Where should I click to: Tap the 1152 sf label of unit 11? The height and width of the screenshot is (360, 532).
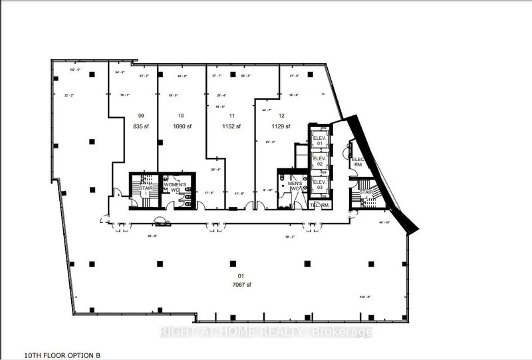point(229,126)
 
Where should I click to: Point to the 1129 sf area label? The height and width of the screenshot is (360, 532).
point(279,126)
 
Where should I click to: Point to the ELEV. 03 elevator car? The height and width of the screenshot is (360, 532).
point(320,185)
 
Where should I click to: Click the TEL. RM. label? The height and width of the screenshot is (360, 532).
point(321,206)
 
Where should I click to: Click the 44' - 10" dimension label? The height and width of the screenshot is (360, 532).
point(384,222)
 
